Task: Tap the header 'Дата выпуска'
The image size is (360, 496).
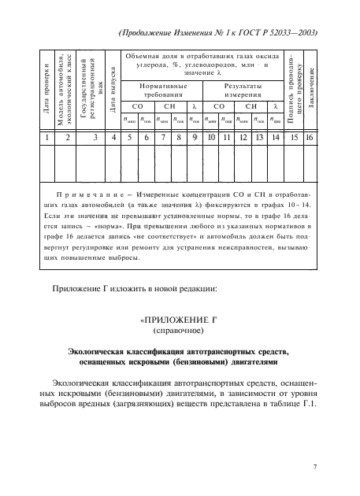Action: click(113, 93)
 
